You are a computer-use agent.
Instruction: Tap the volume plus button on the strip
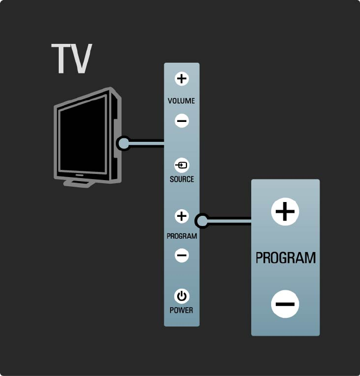[182, 79]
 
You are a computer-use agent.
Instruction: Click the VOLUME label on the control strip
[181, 101]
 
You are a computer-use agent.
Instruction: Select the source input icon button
[182, 165]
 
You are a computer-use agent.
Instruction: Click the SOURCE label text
[182, 179]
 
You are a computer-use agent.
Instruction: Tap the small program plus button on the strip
[182, 216]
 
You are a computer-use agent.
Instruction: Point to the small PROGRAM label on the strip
[182, 237]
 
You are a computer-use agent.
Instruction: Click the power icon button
[182, 296]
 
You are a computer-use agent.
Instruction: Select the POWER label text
[182, 310]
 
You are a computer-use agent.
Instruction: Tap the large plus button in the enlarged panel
[285, 211]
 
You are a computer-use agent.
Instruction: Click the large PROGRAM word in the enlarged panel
[285, 258]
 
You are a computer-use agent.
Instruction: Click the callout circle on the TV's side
[123, 143]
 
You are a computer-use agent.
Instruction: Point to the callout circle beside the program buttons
[202, 220]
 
